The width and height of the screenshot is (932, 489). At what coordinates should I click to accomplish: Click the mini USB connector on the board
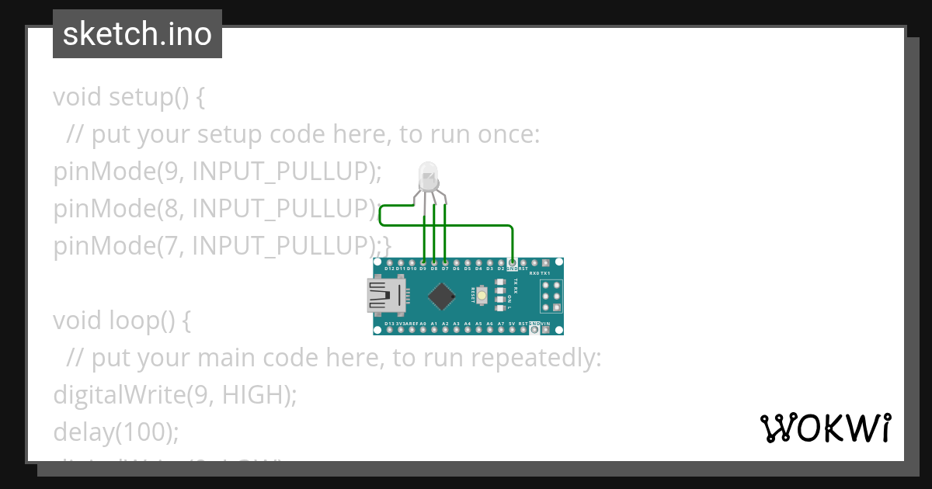(385, 296)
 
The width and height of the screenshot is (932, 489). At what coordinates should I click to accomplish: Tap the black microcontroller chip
(442, 296)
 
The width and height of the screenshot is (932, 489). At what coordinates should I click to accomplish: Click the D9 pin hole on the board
(423, 262)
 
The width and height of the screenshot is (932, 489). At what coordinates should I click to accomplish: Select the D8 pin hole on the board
(433, 262)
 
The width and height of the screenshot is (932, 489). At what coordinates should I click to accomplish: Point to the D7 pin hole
(444, 262)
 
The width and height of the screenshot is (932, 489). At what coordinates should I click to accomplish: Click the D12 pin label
(389, 269)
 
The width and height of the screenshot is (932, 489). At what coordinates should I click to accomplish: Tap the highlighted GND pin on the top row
(512, 262)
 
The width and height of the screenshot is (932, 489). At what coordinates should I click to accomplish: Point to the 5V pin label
(512, 323)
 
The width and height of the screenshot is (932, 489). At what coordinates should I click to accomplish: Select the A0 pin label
(423, 323)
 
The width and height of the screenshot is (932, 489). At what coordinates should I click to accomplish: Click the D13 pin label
(389, 323)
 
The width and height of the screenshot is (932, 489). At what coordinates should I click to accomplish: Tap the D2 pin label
(500, 269)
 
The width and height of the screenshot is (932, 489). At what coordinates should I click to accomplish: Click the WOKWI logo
(825, 428)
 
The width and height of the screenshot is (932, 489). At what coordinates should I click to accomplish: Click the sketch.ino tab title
(137, 34)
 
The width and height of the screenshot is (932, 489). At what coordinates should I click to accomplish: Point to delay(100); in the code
(116, 432)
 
